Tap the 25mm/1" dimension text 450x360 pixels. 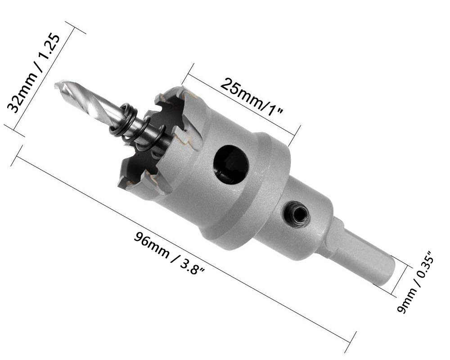click(x=252, y=96)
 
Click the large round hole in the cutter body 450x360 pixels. click(x=231, y=165)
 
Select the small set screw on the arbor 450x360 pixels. click(x=298, y=212)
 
